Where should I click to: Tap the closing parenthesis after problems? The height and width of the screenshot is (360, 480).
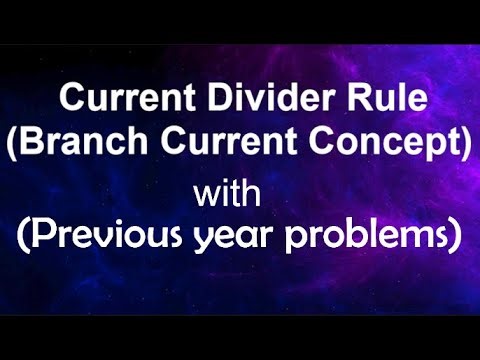pyautogui.click(x=456, y=238)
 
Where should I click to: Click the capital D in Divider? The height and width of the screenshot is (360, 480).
pyautogui.click(x=192, y=101)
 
